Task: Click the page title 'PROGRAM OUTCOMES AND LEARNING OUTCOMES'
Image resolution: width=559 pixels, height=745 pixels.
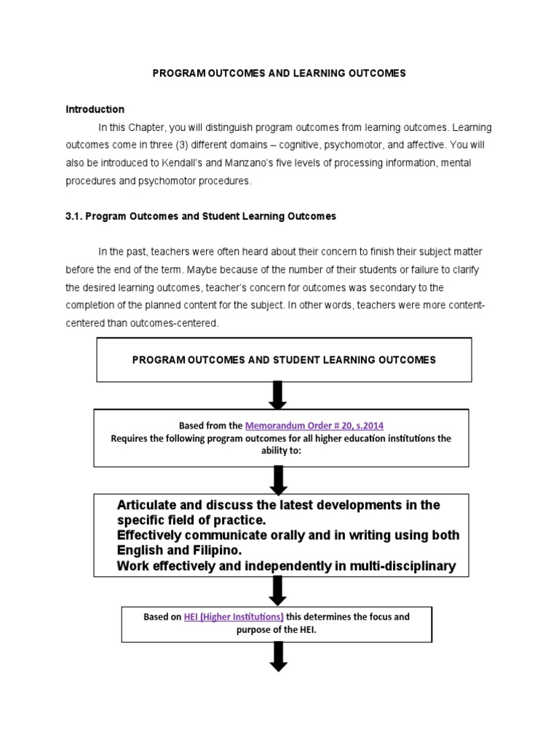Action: (279, 73)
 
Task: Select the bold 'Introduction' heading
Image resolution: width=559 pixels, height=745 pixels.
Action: (95, 109)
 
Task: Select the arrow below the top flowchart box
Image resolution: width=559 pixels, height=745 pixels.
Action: (278, 395)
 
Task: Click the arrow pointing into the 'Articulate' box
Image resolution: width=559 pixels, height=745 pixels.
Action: (278, 480)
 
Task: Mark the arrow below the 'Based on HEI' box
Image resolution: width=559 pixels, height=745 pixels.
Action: (278, 656)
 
